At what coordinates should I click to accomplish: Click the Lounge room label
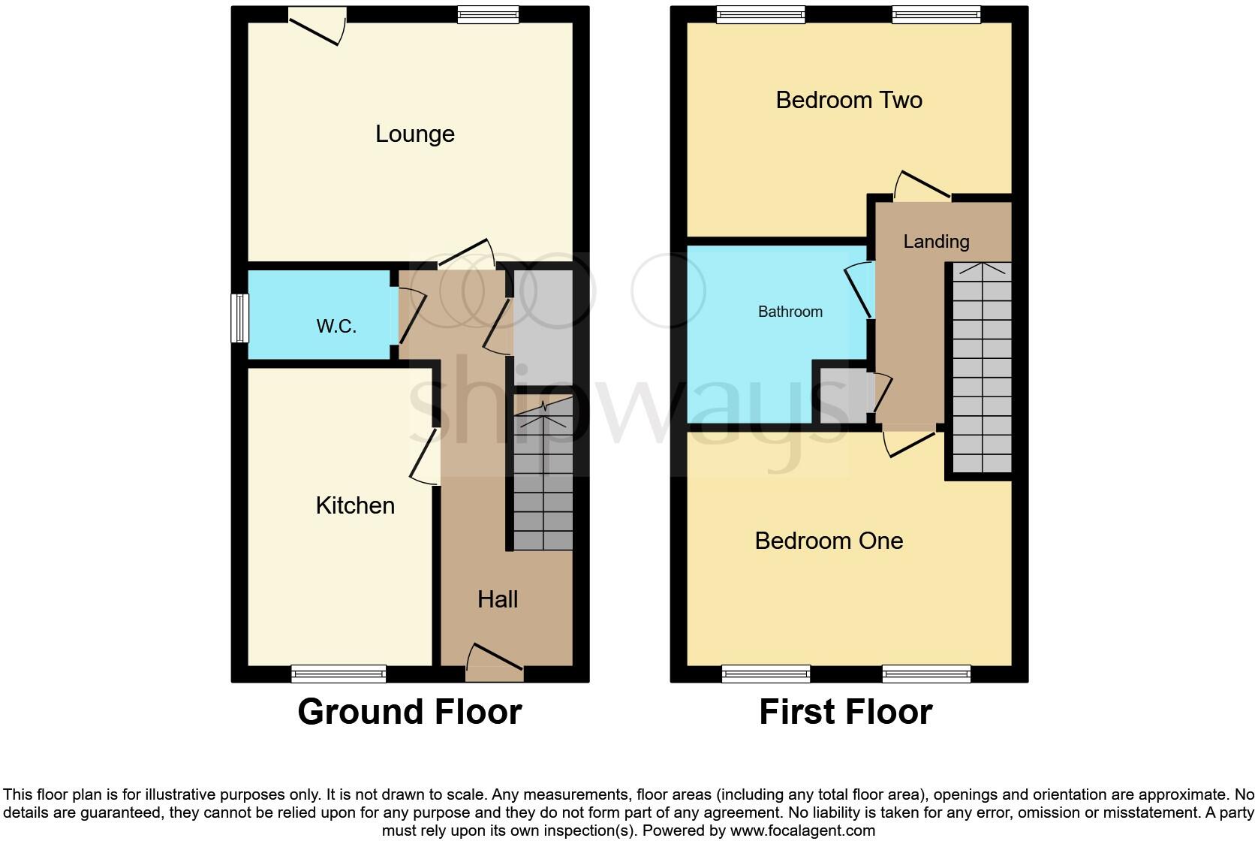coord(414,134)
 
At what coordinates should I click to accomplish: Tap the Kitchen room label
coord(355,505)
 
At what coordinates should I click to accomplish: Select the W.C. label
coord(336,326)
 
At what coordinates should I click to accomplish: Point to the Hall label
coord(498,599)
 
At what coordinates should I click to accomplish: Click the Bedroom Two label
coord(849,100)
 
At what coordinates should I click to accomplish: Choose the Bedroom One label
coord(829,541)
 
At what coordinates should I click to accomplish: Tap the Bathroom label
coord(790,312)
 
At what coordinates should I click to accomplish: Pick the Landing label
coord(936,242)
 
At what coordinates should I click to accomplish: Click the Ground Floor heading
coord(410,712)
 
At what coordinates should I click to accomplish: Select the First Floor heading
coord(845,712)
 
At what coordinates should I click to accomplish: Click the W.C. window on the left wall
coord(239,318)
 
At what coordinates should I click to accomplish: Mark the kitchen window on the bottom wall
coord(339,674)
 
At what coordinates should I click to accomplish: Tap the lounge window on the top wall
coord(489,14)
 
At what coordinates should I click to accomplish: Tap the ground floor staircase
coord(543,481)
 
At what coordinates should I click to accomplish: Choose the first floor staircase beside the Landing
coord(982,368)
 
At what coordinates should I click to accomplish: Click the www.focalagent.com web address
coord(802,830)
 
